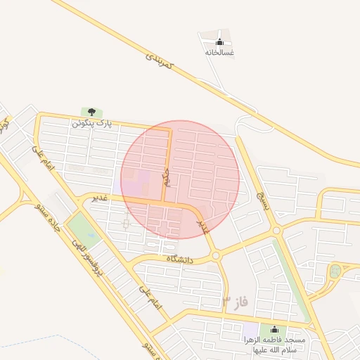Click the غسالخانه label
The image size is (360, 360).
tap(219, 52)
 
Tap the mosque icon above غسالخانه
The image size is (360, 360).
tap(219, 41)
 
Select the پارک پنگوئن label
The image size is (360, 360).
tap(91, 123)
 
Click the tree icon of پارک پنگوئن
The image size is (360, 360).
tap(91, 112)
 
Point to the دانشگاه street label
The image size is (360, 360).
tap(179, 259)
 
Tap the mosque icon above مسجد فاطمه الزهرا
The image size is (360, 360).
tap(274, 330)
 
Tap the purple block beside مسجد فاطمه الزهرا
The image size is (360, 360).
tap(250, 330)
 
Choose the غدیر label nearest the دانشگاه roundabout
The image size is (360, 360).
tap(202, 225)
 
